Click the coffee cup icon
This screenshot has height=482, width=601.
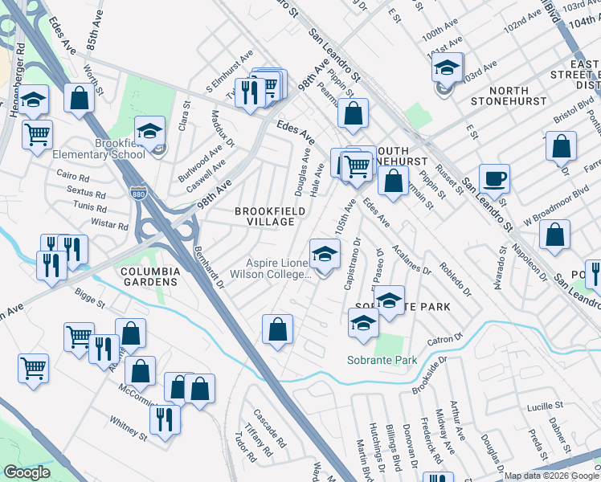495,178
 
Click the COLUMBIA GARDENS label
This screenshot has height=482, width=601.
149,277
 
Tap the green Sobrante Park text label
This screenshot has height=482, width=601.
382,360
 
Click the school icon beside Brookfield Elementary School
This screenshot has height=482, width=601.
149,132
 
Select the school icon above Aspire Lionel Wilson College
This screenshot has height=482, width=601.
323,255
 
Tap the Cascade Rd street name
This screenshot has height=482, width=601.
269,430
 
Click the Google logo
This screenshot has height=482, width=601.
27,472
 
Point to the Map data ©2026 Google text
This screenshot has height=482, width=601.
551,476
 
